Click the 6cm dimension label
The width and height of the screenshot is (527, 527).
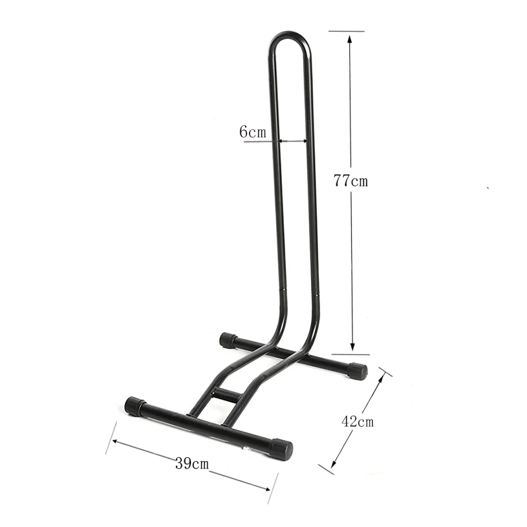252,132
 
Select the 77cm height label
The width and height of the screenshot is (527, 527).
350,181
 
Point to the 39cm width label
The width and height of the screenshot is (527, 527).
192,463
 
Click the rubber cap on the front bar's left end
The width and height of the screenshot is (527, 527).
135,406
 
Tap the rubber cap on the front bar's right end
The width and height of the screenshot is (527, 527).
281,449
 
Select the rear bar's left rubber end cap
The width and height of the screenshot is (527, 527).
228,340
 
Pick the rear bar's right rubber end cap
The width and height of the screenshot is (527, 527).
357,370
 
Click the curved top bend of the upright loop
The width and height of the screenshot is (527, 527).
290,36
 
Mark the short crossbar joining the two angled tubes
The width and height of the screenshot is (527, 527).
227,395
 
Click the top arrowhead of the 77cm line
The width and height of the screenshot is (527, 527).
350,37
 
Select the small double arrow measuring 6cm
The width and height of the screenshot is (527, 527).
292,140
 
